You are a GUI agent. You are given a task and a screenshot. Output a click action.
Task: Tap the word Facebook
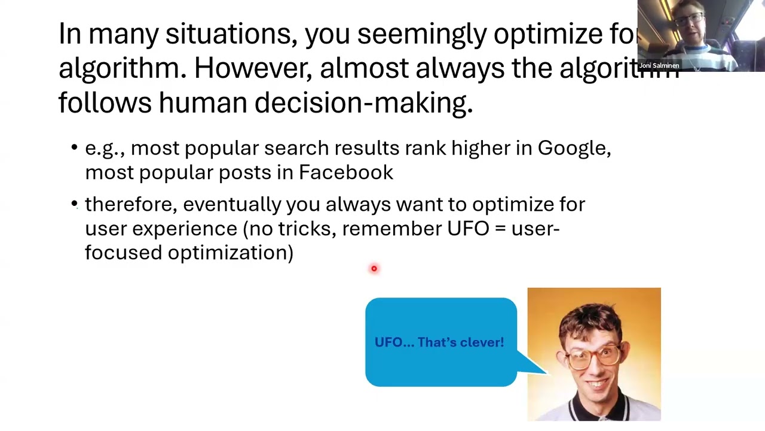pos(345,172)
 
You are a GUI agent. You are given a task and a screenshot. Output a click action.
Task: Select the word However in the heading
pos(252,69)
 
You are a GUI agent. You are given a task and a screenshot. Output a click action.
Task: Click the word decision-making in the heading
pos(363,103)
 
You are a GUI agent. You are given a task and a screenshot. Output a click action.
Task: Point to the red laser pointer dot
pos(374,269)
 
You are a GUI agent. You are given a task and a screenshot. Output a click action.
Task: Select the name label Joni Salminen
pos(659,65)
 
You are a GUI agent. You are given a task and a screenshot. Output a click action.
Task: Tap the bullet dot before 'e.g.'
pos(74,148)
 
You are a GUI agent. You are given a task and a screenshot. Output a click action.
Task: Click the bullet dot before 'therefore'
pos(74,204)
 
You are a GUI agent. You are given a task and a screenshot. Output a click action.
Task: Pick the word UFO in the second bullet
pos(468,229)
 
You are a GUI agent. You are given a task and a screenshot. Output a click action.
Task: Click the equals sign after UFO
pos(500,229)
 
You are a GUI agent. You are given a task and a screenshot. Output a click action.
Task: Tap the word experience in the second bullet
pos(184,229)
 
